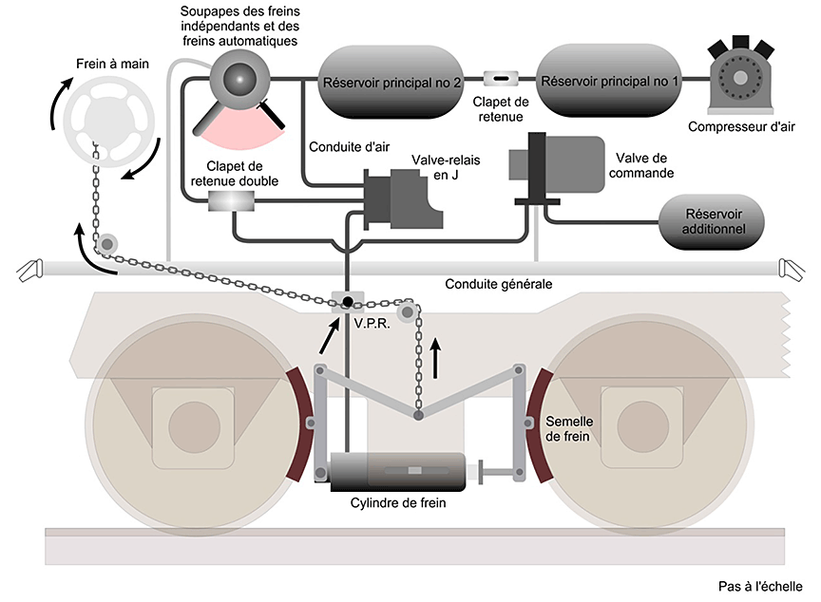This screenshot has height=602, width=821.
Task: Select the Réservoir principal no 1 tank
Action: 609,82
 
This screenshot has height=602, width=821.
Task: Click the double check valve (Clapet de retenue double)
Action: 231,201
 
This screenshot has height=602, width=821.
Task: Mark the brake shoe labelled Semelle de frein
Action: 535,424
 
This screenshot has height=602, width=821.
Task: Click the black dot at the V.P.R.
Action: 349,301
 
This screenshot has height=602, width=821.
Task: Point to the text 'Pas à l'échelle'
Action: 760,586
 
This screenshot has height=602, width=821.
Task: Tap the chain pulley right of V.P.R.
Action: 410,310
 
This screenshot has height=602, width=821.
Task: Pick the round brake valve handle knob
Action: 239,80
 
